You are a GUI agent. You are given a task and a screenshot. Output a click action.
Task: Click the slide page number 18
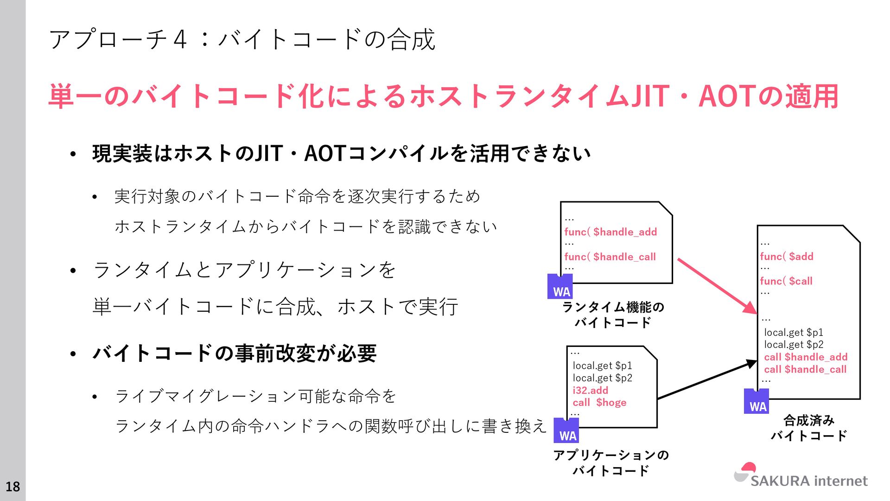click(x=13, y=486)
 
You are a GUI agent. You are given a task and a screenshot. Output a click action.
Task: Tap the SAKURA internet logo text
click(x=808, y=481)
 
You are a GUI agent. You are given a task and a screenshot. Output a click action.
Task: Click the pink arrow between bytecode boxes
click(x=716, y=285)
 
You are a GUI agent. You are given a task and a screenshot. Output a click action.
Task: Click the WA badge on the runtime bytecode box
click(x=560, y=287)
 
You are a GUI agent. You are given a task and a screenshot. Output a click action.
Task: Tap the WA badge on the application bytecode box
click(x=566, y=431)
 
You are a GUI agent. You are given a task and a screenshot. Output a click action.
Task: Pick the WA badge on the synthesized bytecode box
click(x=756, y=402)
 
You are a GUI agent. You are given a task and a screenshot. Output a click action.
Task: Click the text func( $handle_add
click(x=610, y=232)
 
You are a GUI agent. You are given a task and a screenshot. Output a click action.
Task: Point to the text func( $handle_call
click(x=610, y=257)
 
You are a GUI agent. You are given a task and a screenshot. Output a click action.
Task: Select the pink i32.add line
click(x=590, y=390)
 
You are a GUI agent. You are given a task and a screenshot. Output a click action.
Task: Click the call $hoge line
click(x=599, y=402)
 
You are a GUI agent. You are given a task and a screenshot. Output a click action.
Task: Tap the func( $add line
click(x=787, y=256)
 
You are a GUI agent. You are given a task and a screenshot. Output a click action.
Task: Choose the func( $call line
click(x=786, y=281)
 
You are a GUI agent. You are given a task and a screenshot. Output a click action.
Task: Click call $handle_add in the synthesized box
click(x=806, y=357)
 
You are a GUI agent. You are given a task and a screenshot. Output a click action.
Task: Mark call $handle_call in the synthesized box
click(x=805, y=369)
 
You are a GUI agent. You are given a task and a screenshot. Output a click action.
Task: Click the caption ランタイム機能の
click(x=613, y=307)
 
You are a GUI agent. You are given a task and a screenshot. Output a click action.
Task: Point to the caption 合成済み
click(x=809, y=420)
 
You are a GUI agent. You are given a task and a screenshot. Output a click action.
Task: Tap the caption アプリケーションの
click(x=611, y=455)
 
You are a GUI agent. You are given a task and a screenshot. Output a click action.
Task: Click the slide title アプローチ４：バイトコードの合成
click(x=242, y=39)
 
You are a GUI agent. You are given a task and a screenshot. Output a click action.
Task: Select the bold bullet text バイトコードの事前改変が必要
click(x=235, y=353)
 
